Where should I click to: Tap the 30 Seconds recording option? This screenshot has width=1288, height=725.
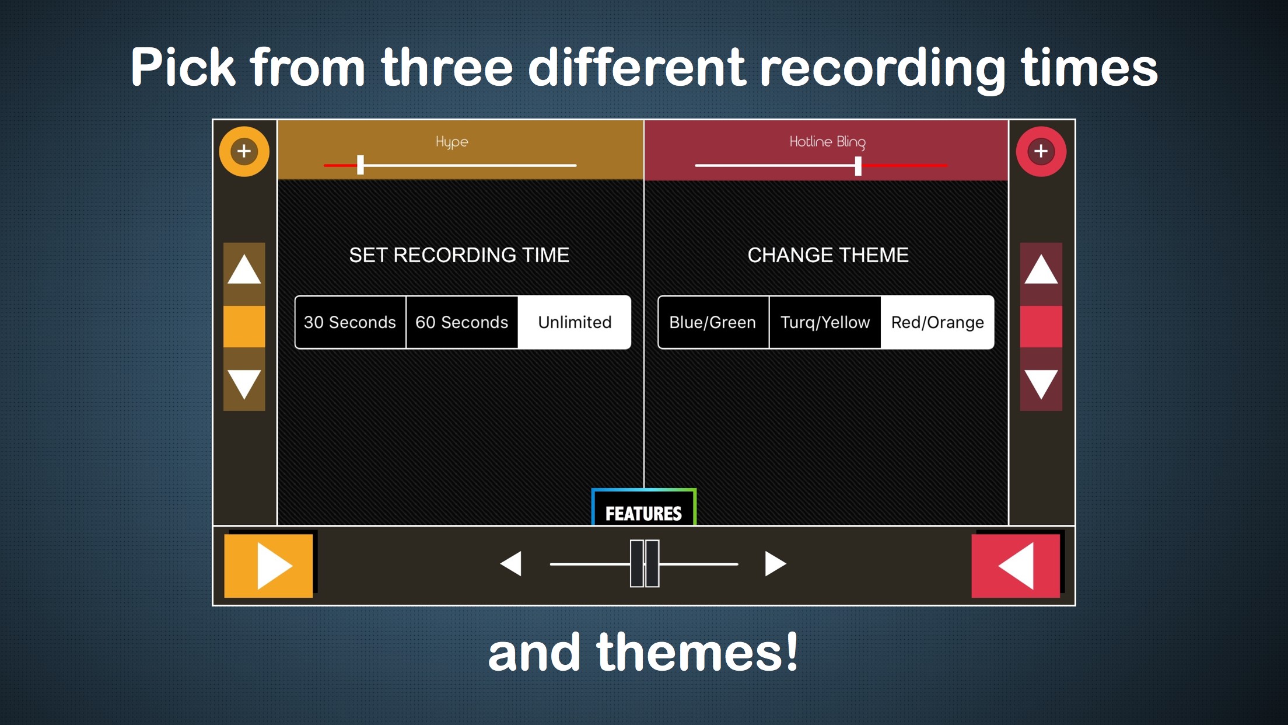click(x=350, y=322)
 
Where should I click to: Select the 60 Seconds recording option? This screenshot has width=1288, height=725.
click(x=462, y=322)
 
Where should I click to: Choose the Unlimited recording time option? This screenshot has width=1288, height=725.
click(x=575, y=322)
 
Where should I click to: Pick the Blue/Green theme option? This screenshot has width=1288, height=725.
click(x=713, y=322)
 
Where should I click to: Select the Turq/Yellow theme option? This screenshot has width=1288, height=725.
click(x=825, y=322)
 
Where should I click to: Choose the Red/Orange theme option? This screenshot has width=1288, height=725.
click(x=937, y=322)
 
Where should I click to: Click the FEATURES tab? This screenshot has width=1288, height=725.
click(x=643, y=507)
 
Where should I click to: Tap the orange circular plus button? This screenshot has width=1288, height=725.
click(x=244, y=151)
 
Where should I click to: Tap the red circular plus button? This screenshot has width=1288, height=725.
click(x=1041, y=151)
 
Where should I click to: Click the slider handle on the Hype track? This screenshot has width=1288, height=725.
click(x=360, y=165)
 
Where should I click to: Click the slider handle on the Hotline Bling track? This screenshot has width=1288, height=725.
click(x=858, y=166)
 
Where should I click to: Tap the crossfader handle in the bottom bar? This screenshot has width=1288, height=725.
click(x=645, y=563)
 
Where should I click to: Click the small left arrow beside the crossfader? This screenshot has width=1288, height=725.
click(x=511, y=563)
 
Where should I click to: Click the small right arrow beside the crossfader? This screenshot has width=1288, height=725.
click(x=775, y=563)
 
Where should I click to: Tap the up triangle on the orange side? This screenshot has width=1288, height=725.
click(x=244, y=270)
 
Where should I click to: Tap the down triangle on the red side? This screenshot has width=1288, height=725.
click(x=1041, y=384)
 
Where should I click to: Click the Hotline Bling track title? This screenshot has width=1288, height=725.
click(x=827, y=142)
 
